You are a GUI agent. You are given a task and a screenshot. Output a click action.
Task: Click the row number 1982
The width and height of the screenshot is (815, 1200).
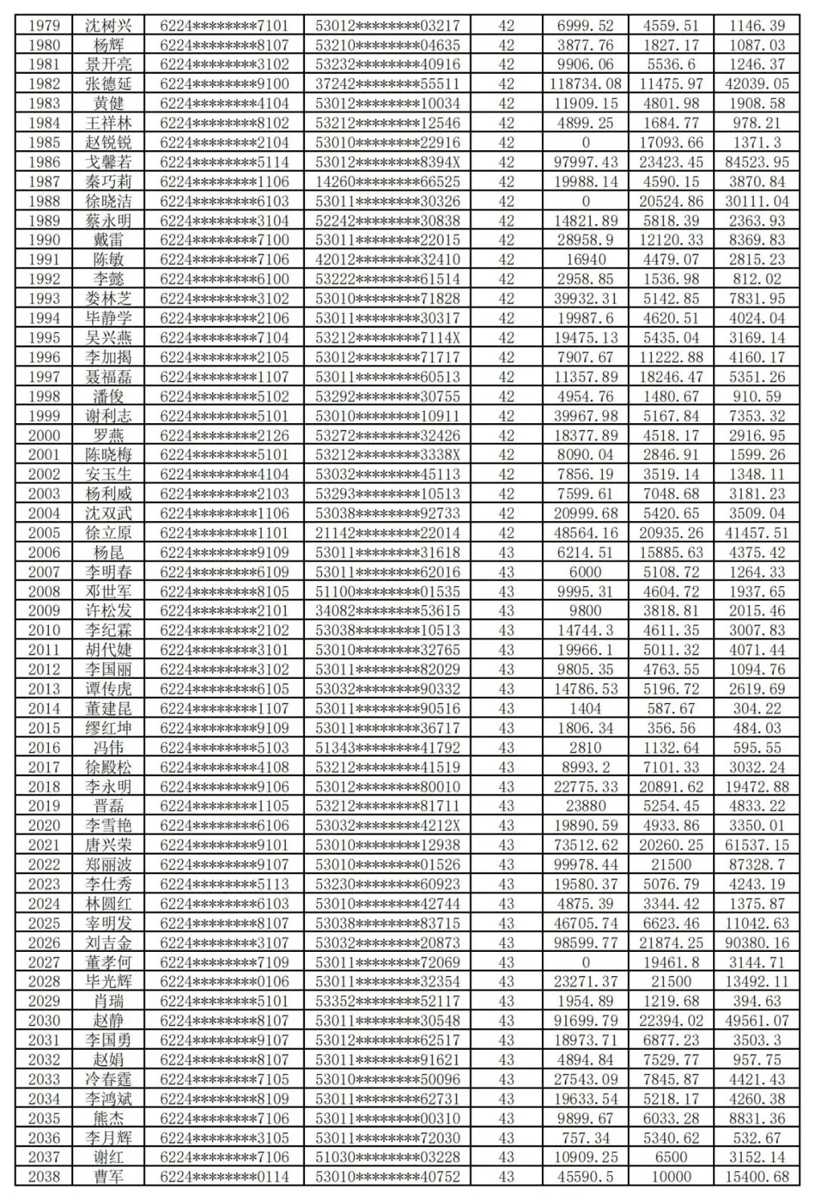[x=45, y=84]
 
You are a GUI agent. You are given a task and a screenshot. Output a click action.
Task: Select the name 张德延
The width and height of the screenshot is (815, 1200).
[x=108, y=84]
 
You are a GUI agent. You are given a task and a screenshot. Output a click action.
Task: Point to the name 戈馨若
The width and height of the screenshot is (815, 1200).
[x=108, y=162]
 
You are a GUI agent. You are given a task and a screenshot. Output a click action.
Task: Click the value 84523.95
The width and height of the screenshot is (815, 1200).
[x=757, y=162]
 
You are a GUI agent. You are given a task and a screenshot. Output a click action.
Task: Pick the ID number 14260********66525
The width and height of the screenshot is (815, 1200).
[x=387, y=182]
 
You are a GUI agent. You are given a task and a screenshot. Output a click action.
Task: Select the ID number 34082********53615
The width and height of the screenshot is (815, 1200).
[x=387, y=611]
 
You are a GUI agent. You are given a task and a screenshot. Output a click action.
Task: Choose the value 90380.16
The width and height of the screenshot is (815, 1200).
[x=757, y=943]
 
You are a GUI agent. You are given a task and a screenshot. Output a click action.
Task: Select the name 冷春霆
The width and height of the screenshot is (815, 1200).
[x=108, y=1079]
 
